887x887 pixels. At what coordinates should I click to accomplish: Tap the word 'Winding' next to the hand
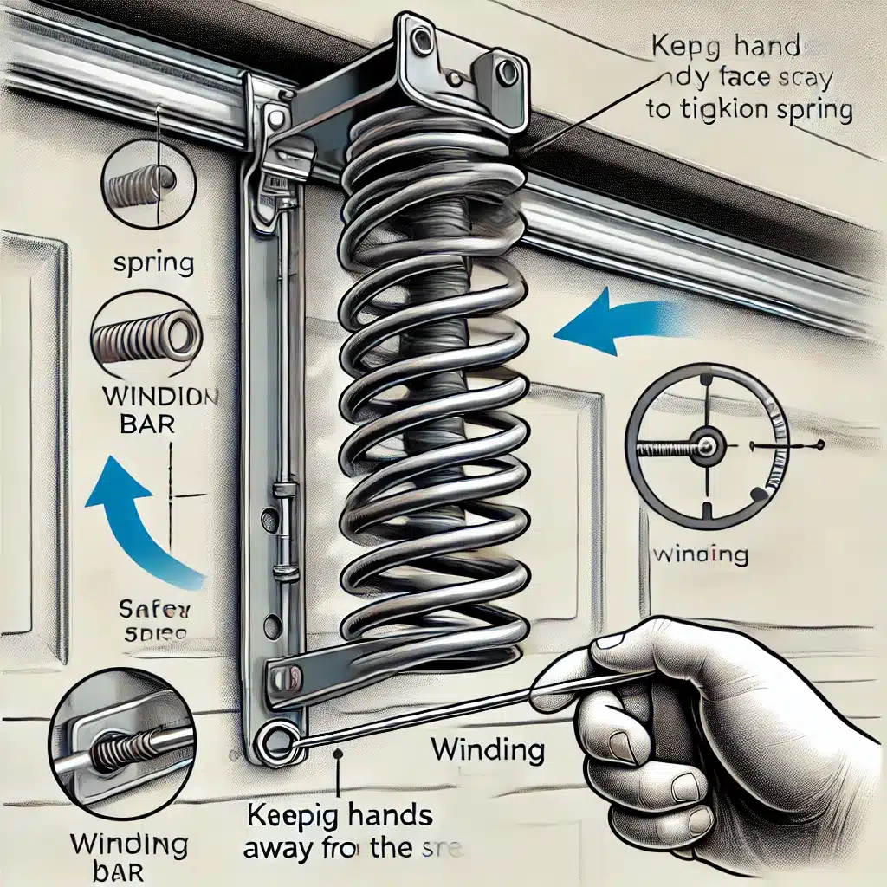point(488,749)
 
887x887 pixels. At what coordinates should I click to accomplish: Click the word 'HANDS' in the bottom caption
point(397,817)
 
